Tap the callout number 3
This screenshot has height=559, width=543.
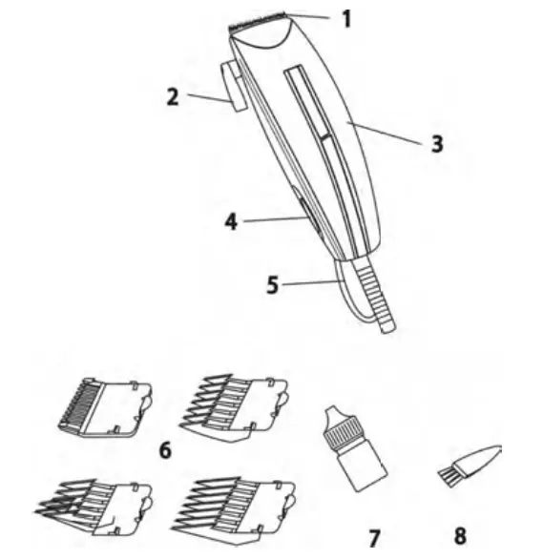tap(436, 144)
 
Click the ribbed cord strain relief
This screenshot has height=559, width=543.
tap(375, 296)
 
